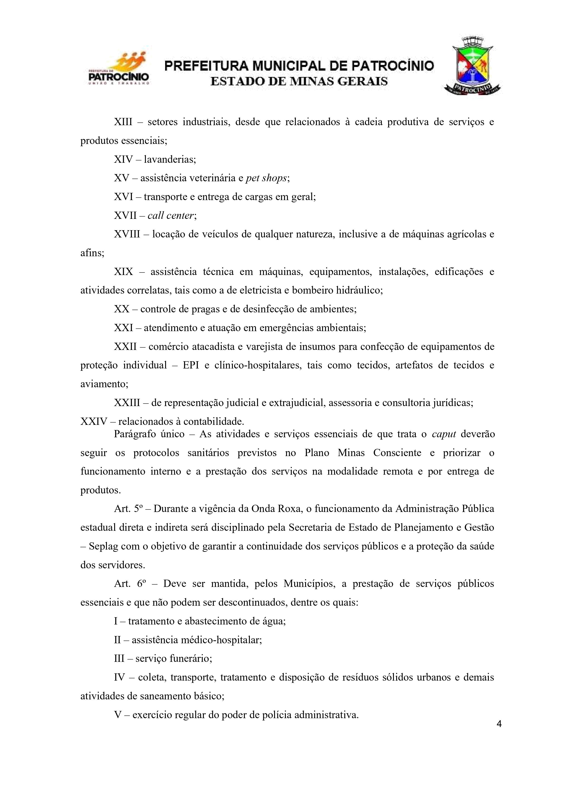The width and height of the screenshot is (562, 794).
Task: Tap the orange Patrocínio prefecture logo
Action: pos(119,69)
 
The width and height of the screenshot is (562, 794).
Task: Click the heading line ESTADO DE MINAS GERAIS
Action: pos(299,82)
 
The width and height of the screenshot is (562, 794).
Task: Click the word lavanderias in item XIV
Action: pos(170,160)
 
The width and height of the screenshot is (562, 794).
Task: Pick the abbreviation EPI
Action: pos(191,365)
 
